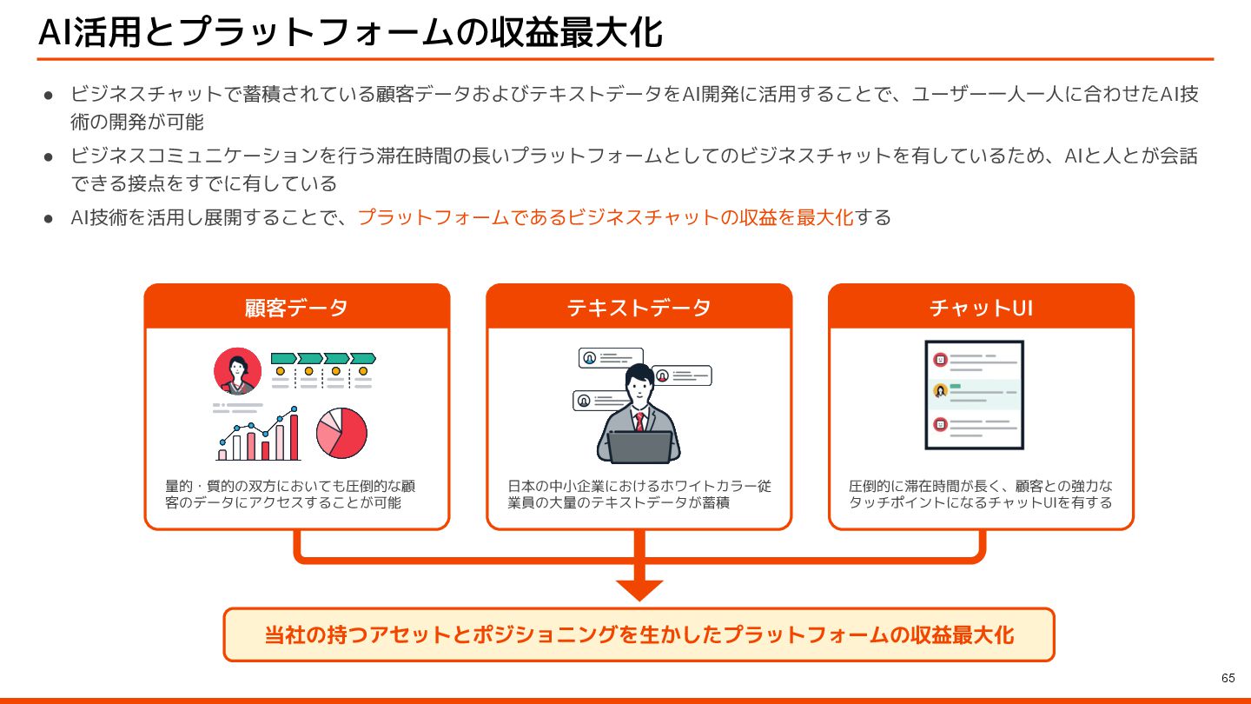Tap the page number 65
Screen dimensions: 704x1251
(x=1228, y=678)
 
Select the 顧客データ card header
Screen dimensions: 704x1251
(x=296, y=307)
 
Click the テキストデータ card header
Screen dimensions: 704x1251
(x=639, y=307)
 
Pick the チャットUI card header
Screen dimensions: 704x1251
(x=981, y=307)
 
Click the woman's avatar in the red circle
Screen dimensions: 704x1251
(x=237, y=371)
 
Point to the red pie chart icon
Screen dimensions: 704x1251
(x=341, y=433)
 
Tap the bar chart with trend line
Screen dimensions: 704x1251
(x=258, y=435)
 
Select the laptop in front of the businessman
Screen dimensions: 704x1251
(x=639, y=447)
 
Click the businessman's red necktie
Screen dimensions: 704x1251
(x=639, y=422)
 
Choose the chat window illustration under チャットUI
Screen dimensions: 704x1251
(x=974, y=395)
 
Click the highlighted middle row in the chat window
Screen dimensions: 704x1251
(x=974, y=394)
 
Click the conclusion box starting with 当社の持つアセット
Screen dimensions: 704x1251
(x=639, y=634)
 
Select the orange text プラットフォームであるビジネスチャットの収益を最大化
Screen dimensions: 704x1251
(x=606, y=217)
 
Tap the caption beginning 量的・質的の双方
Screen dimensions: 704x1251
(x=290, y=494)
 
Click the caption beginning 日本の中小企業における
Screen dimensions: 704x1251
(x=639, y=494)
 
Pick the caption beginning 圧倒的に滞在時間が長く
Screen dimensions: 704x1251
(x=980, y=494)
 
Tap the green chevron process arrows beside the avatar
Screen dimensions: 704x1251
(x=323, y=358)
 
